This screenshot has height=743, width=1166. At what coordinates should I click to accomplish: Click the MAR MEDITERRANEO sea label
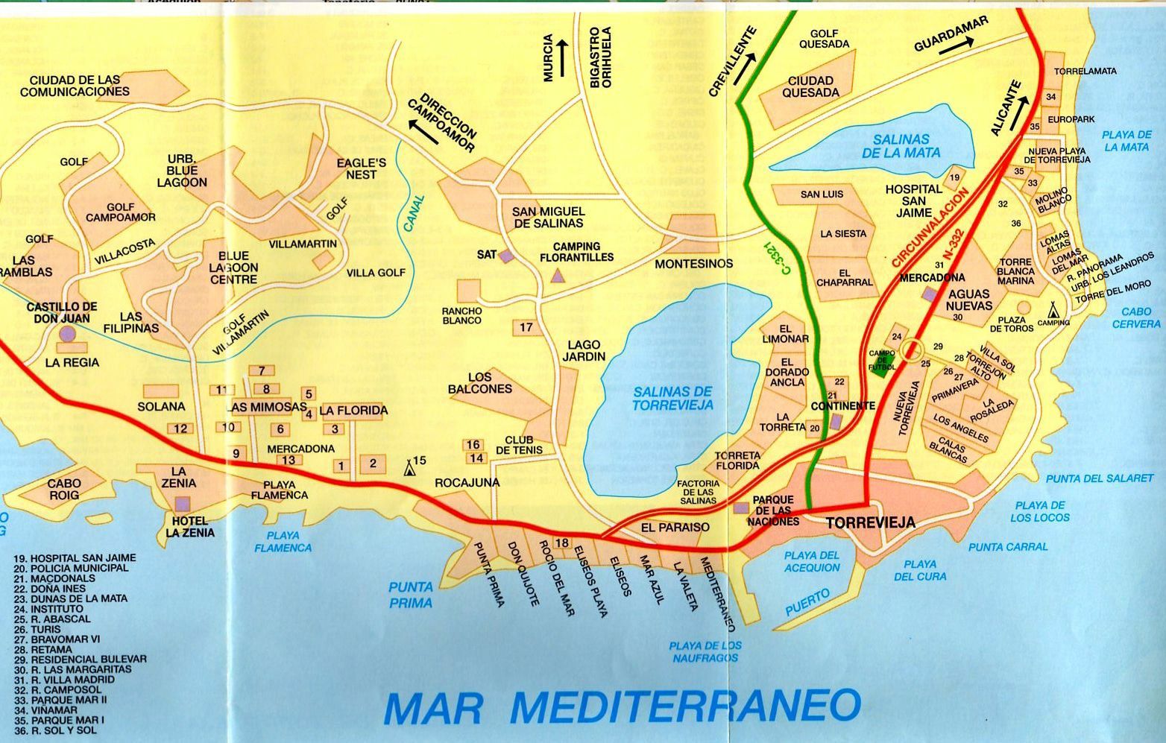(623, 706)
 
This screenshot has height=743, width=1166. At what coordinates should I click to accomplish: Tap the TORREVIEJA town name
(870, 523)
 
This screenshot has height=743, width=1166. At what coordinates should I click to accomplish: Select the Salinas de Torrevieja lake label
(672, 399)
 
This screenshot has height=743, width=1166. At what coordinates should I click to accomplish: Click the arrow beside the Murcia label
(563, 57)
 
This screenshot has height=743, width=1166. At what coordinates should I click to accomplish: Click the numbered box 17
(526, 327)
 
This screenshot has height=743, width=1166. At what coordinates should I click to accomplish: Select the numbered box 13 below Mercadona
(289, 460)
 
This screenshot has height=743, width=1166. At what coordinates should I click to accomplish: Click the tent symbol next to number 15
(409, 468)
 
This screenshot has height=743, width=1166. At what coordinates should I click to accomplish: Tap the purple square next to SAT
(506, 256)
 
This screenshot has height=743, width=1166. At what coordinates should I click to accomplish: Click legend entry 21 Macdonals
(54, 578)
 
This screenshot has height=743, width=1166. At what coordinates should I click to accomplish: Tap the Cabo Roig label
(64, 489)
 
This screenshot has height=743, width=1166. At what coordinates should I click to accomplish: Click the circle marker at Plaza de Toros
(1024, 308)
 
